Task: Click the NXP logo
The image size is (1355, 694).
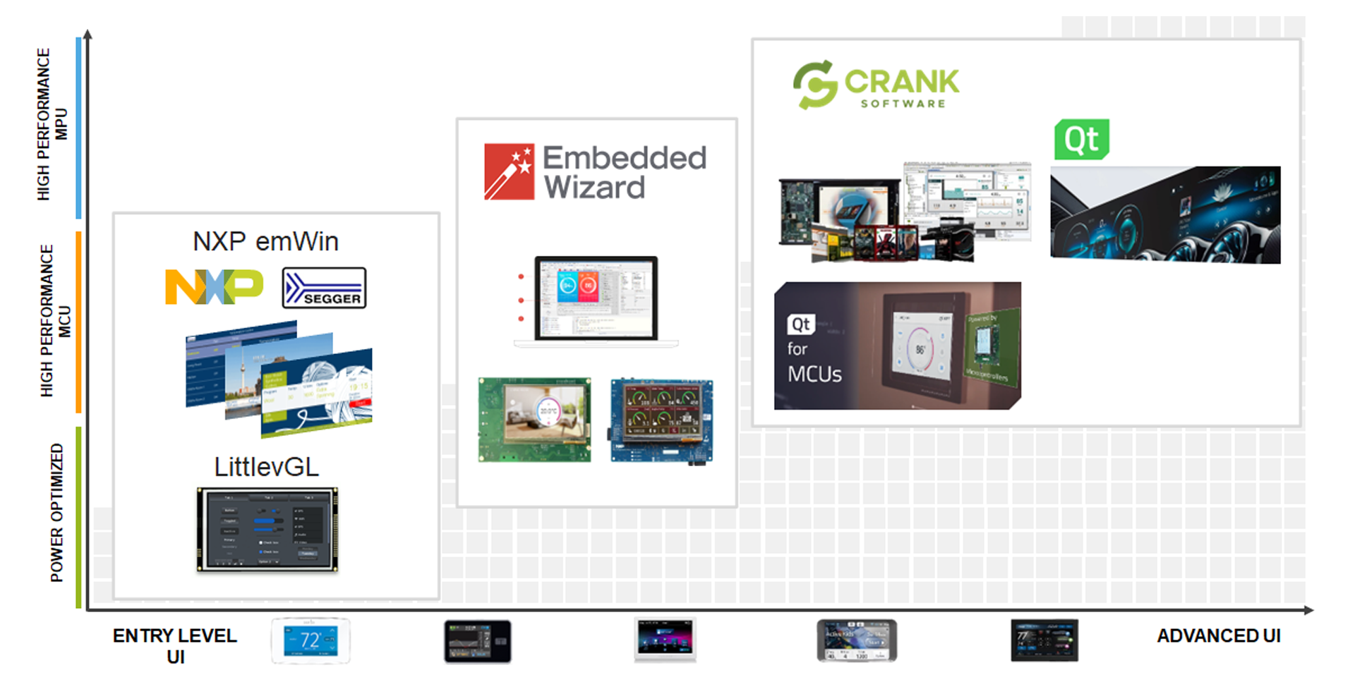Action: point(214,287)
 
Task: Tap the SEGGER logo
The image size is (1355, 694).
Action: point(324,288)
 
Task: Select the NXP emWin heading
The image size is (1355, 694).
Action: point(265,242)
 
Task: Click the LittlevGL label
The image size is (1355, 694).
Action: point(266,467)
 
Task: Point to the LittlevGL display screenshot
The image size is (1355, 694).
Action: point(267,530)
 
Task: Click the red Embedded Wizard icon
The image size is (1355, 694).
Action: point(509,172)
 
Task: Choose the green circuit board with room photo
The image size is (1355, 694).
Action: point(535,420)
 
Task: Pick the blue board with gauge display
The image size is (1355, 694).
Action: point(661,421)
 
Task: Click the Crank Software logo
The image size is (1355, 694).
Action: point(876,85)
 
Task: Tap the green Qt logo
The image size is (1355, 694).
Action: point(1081,140)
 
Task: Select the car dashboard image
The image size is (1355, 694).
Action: point(1165,215)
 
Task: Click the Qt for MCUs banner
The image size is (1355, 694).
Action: point(897,346)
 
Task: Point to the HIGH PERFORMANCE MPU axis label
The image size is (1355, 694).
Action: point(52,124)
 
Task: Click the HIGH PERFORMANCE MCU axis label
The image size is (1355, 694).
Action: point(55,321)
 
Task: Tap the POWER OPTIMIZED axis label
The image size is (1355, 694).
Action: point(56,513)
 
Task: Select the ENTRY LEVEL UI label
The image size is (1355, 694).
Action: point(175,645)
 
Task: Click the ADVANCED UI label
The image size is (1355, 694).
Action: point(1218,636)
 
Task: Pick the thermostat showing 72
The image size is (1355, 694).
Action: point(311,640)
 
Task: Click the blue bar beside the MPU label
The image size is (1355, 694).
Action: point(78,128)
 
